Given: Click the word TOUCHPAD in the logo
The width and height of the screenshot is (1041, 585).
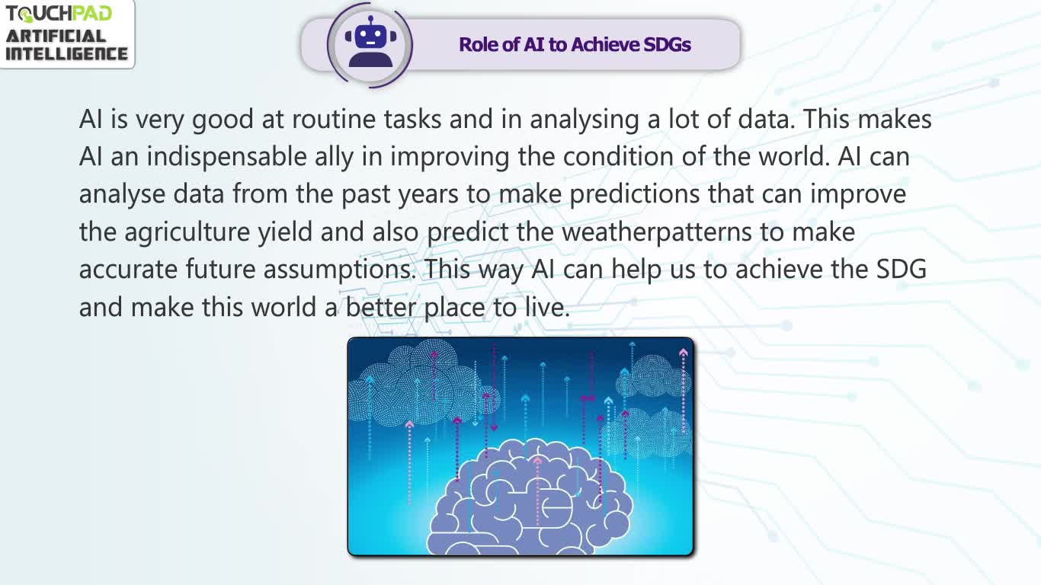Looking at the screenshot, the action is (x=59, y=14).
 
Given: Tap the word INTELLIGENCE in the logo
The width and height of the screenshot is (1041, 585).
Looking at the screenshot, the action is (x=66, y=53).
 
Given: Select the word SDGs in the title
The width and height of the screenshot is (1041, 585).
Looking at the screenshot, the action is (x=668, y=45).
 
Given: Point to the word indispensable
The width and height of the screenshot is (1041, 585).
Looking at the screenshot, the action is (x=227, y=158).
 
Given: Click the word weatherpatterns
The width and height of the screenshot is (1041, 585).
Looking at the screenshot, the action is (x=657, y=232).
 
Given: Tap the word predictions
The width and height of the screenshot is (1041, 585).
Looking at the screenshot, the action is (x=634, y=195).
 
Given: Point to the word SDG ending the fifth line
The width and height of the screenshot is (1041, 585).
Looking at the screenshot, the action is (x=902, y=269).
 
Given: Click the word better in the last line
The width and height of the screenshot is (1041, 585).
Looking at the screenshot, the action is (x=381, y=307).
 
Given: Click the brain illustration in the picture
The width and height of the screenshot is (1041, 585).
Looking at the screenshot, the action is (x=530, y=498).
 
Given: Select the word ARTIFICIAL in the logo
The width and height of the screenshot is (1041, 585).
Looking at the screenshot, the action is (x=56, y=37).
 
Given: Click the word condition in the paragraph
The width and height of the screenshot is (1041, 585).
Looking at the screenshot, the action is (x=618, y=157).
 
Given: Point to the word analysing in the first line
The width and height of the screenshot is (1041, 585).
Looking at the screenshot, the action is (x=585, y=120).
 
